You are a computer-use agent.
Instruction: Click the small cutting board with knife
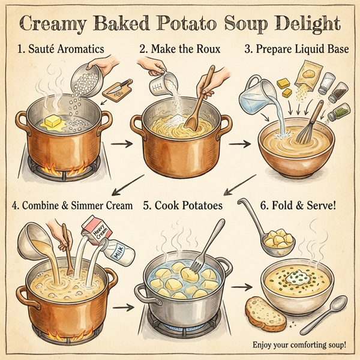118,90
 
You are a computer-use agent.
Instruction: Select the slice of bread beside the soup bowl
264,311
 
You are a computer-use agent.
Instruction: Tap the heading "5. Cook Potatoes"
182,205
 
